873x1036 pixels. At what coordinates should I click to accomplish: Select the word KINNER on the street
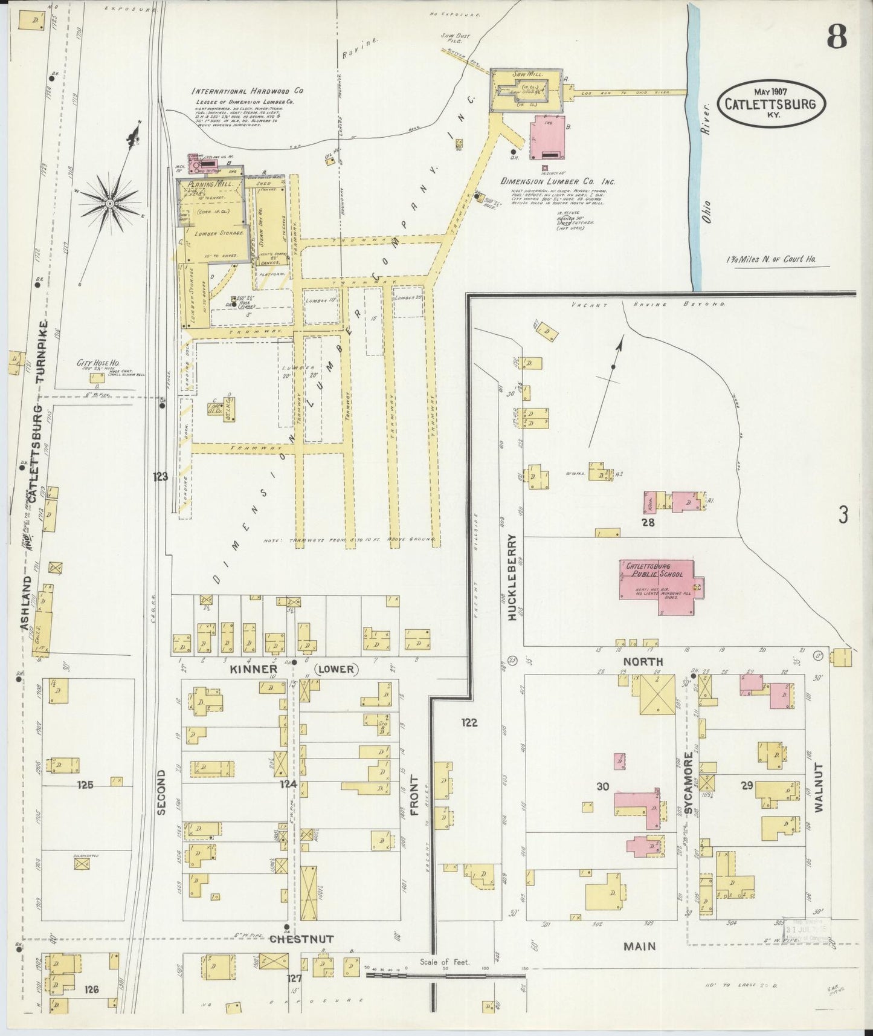pyautogui.click(x=253, y=669)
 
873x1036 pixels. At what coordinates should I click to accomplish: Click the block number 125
pyautogui.click(x=86, y=785)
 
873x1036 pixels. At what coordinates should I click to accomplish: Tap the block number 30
pyautogui.click(x=602, y=786)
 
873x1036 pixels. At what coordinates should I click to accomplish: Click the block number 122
pyautogui.click(x=469, y=722)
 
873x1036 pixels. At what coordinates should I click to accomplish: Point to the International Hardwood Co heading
pyautogui.click(x=246, y=91)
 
